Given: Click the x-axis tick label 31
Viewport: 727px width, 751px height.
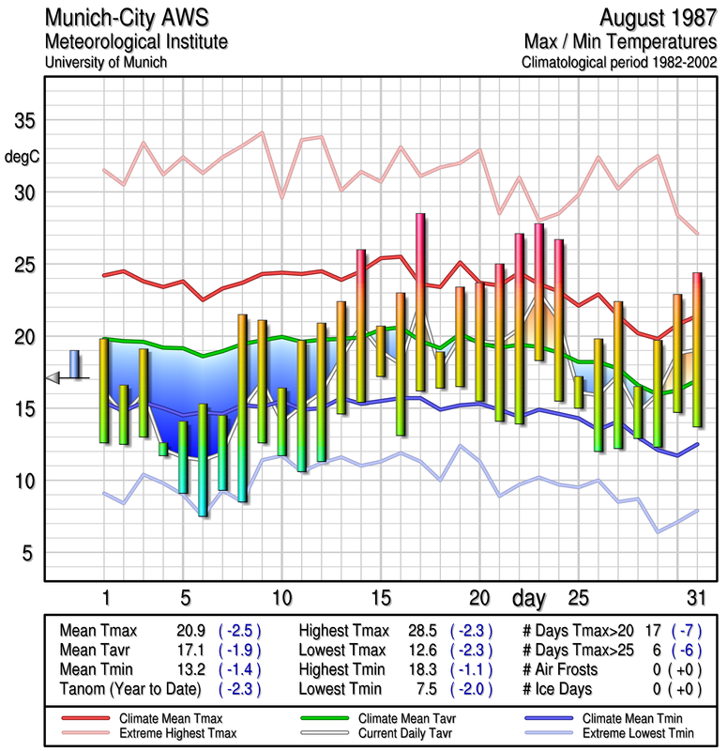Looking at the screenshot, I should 694,597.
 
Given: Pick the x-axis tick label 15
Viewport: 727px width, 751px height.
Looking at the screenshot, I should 380,597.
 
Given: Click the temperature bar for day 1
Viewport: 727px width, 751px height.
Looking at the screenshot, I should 104,391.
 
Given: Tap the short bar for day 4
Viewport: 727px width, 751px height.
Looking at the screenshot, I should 163,449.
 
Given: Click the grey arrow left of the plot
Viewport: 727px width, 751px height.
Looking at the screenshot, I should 53,377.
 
